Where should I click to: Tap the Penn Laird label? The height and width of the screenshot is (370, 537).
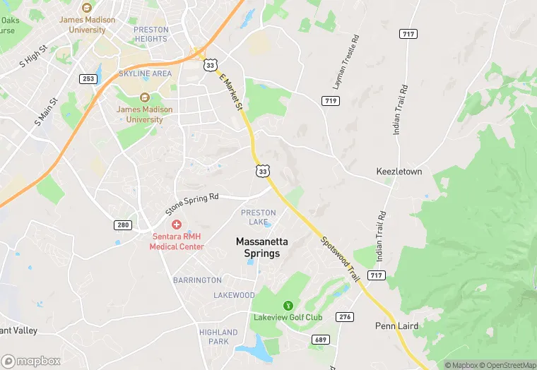click(396, 326)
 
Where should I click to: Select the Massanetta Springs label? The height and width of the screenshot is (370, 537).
click(258, 247)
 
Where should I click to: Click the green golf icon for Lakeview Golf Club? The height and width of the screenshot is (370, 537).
click(288, 305)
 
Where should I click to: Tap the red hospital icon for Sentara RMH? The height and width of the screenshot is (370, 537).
click(176, 224)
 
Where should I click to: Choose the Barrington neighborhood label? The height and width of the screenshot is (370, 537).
click(197, 280)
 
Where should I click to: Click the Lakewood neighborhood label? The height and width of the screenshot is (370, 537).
click(234, 295)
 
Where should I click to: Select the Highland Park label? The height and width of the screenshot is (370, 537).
click(218, 336)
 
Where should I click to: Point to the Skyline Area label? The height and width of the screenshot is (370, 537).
click(145, 73)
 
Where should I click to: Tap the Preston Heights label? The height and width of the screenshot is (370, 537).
click(151, 34)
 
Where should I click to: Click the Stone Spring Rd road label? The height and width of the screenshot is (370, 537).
click(192, 204)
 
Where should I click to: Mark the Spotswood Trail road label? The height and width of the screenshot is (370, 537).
click(336, 259)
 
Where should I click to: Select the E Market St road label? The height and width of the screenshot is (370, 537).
click(231, 92)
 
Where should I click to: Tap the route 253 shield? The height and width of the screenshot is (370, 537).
click(88, 78)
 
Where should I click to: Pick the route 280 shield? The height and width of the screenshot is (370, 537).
click(122, 225)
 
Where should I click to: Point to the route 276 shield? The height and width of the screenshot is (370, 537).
click(344, 316)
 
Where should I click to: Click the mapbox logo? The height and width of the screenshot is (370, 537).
click(31, 361)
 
